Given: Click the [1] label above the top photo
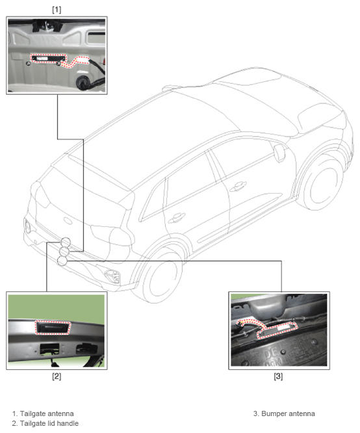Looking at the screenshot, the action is [57, 10].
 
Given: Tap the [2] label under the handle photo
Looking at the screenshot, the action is [57, 376].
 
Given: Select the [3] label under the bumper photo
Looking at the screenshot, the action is [278, 376].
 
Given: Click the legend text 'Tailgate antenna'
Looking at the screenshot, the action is [47, 413].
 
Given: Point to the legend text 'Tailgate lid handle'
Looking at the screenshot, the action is [49, 423].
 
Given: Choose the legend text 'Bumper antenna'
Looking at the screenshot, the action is [288, 413].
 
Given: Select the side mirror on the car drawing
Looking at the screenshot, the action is [279, 152].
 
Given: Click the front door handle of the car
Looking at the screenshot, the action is [238, 186].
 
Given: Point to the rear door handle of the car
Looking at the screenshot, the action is [176, 218].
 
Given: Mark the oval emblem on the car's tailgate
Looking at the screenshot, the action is [68, 220].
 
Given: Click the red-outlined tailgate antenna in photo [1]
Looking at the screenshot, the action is [49, 59].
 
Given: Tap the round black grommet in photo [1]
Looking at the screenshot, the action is [83, 82].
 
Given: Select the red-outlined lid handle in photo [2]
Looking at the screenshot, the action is [53, 328].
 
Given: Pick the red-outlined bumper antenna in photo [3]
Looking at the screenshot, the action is [277, 330].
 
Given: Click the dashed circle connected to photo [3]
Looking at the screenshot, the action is [62, 261].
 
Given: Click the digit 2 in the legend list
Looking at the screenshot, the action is [14, 423].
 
